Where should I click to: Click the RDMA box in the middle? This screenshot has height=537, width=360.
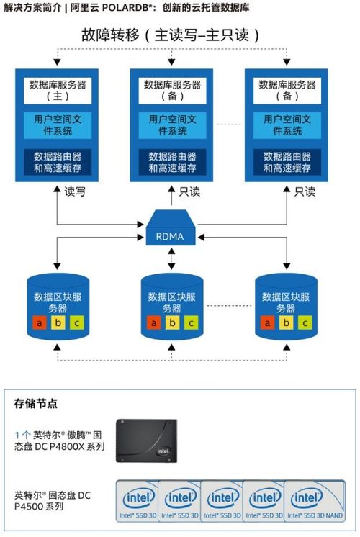pos(171,227)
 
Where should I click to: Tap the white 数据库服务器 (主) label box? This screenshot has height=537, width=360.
pos(58,91)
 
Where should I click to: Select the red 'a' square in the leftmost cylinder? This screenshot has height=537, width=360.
pos(40,323)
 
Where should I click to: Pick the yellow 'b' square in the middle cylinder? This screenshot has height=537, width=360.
pos(172,323)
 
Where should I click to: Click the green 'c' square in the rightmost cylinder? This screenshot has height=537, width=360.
pos(305,323)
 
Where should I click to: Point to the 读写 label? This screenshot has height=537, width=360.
pos(75,191)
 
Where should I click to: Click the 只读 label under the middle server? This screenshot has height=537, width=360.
pos(189,191)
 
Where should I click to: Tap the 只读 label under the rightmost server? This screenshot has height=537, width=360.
pos(305,191)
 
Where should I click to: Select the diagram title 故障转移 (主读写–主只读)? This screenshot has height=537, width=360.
pos(170,35)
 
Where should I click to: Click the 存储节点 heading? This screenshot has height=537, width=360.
pos(35,403)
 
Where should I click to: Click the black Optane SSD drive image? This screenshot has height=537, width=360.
pos(147,441)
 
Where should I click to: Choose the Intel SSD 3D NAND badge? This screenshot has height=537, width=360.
pos(315,501)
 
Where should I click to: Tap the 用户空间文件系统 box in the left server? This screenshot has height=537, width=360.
pos(58,125)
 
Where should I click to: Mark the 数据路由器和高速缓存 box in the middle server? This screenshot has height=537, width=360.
pos(172,162)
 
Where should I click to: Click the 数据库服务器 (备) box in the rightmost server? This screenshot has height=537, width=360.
pos(287,91)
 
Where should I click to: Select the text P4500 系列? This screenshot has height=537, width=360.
pos(39,507)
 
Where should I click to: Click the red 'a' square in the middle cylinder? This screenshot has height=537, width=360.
pos(154,323)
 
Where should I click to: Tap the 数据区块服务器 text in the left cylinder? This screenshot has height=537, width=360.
pos(58,303)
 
